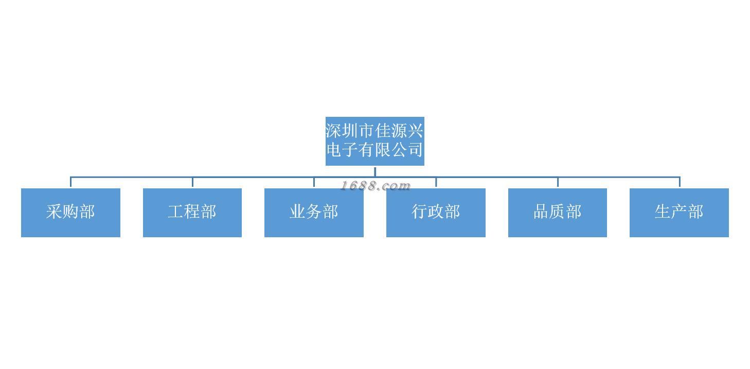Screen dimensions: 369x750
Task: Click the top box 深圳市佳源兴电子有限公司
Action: point(374,141)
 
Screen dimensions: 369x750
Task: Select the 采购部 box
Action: point(70,213)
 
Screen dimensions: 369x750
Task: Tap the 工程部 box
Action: point(192,213)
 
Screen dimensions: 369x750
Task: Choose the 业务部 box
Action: point(314,213)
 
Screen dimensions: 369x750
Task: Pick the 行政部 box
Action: point(436,213)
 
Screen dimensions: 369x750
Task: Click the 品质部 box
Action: point(558,213)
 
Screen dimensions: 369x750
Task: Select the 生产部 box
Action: point(679,213)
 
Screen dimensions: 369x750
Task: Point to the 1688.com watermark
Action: point(376,186)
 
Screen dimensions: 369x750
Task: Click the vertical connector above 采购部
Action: point(70,182)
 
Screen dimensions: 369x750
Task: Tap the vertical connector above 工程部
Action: point(192,182)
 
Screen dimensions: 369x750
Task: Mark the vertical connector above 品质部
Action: point(558,182)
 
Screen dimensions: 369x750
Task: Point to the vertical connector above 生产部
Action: point(680,182)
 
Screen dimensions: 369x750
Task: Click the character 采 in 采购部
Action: point(54,212)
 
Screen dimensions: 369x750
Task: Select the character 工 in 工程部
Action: point(176,212)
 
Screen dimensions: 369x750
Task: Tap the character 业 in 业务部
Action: point(297,212)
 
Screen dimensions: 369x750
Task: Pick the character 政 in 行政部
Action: point(436,212)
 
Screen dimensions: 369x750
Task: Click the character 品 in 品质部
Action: point(541,212)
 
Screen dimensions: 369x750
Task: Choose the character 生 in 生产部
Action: point(663,212)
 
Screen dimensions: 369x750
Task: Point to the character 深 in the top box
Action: point(334,131)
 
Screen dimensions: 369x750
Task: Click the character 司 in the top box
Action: point(415,150)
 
